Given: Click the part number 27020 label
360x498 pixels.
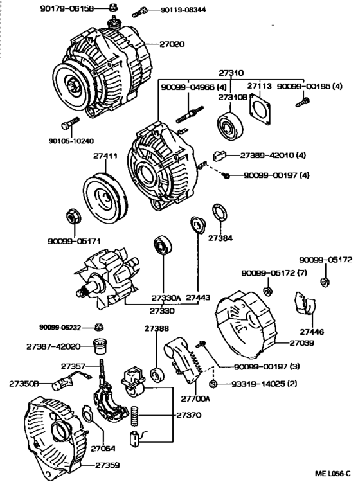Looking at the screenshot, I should (x=168, y=44).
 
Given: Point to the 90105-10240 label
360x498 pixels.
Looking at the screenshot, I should (x=71, y=141).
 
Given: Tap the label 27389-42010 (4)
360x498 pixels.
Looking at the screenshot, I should (x=274, y=155).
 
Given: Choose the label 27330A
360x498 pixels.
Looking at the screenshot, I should (x=166, y=298).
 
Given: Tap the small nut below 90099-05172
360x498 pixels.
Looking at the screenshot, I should (x=325, y=280).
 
